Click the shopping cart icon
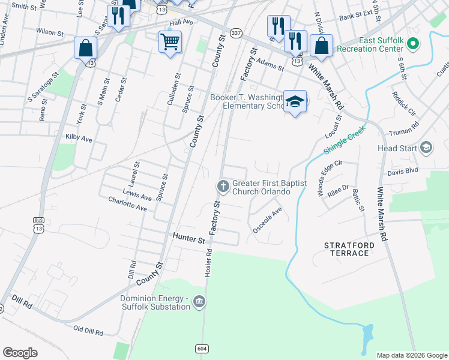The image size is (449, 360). click(x=170, y=42)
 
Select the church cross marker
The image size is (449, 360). click(x=223, y=187)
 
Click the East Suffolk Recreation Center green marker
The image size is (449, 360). click(x=412, y=44)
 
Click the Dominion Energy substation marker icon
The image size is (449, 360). click(x=200, y=302)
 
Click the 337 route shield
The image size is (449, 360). click(x=236, y=34)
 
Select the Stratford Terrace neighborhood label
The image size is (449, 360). click(x=349, y=249)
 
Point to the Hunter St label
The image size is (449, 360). click(x=189, y=239)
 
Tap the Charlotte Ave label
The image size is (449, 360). click(x=127, y=204)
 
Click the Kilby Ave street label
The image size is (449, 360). click(x=79, y=139)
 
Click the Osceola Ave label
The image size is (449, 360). click(x=268, y=220)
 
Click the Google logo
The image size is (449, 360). click(x=20, y=353)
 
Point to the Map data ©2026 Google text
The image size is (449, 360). click(x=411, y=355)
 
